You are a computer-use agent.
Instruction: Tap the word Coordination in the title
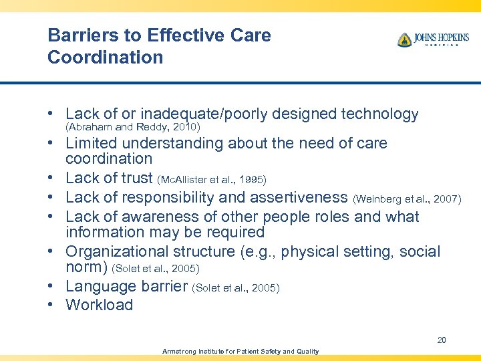(105, 57)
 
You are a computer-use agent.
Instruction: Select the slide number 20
(442, 340)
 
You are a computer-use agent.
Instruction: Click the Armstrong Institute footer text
(240, 352)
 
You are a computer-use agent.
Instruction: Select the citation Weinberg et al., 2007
(406, 199)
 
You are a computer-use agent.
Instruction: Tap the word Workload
(99, 306)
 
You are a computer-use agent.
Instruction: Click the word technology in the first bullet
(379, 114)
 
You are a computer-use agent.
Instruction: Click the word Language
(98, 287)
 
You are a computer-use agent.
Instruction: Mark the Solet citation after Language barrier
(236, 288)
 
